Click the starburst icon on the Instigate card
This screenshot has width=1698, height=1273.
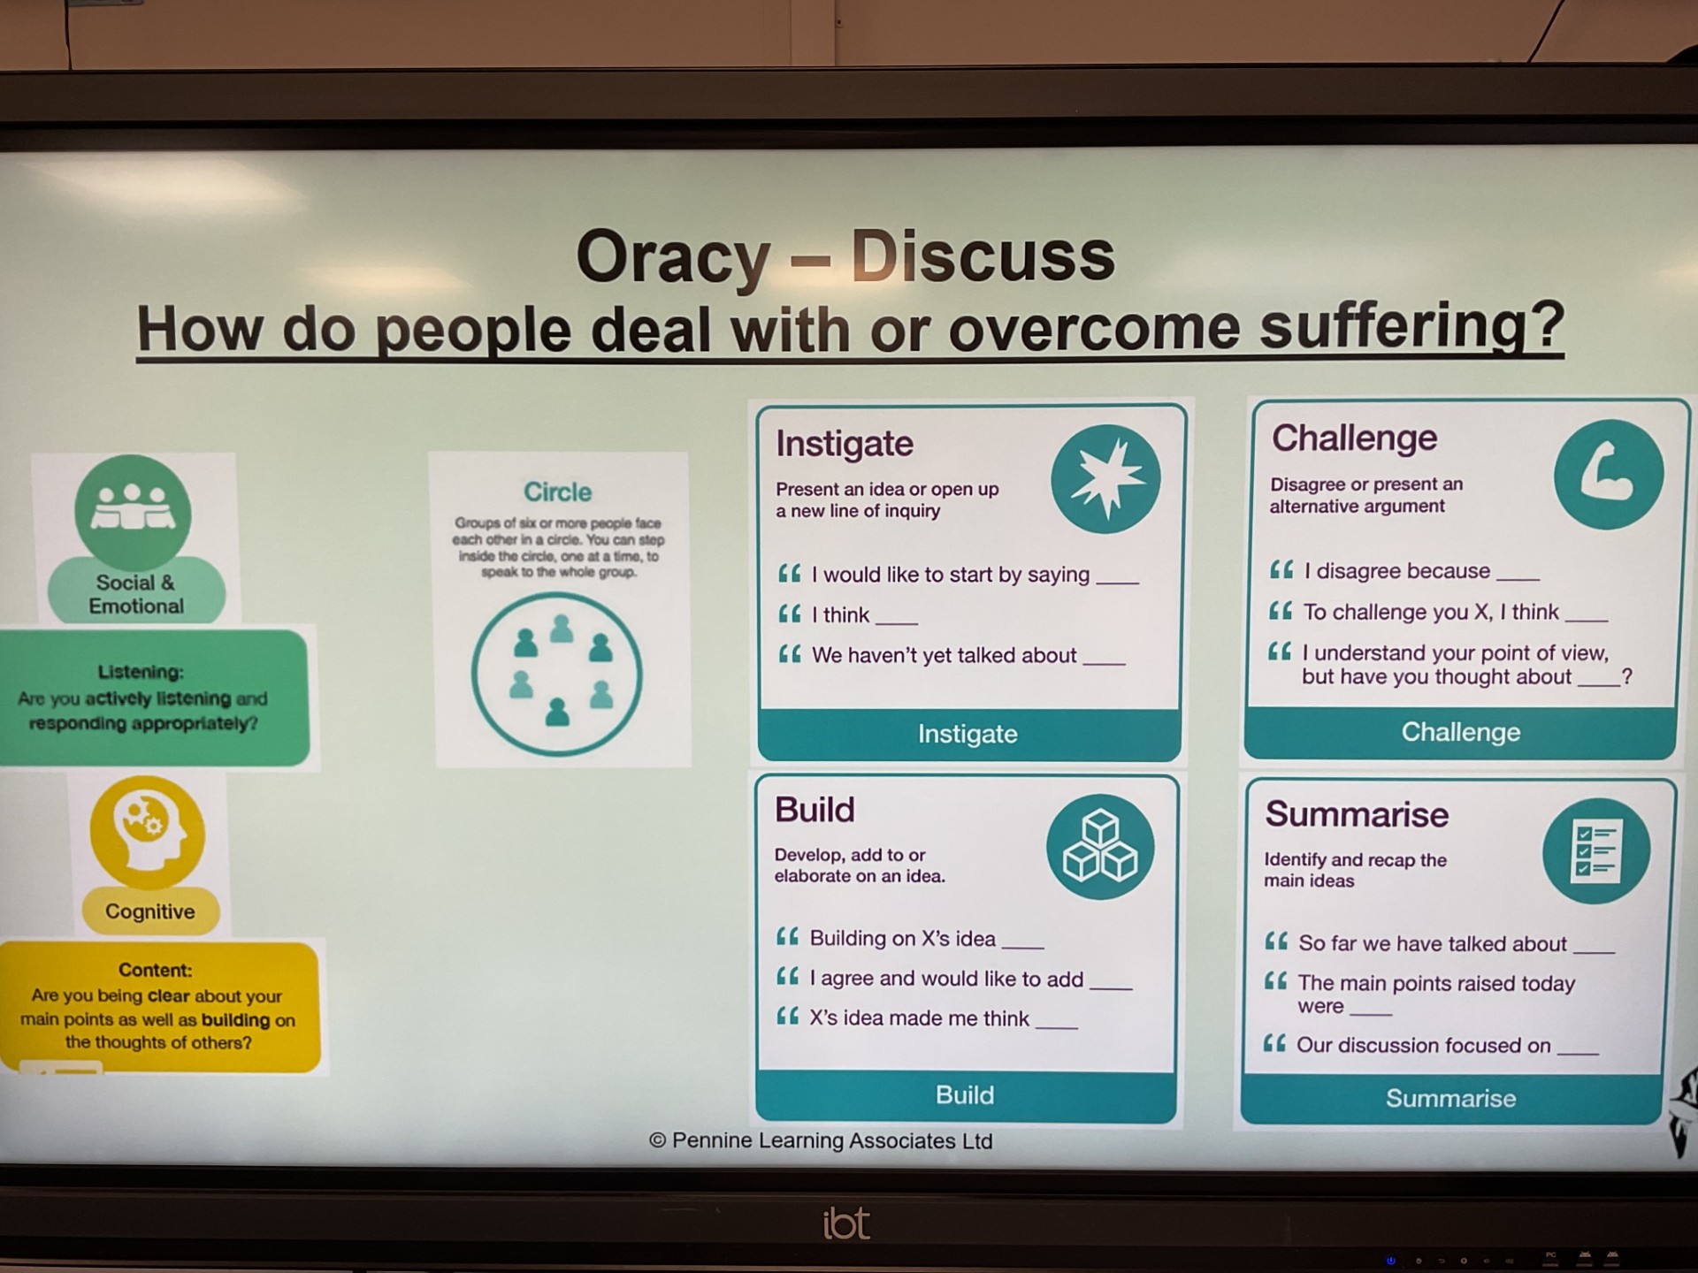[x=1105, y=479]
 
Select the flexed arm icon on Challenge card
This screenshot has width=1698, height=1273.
[x=1608, y=475]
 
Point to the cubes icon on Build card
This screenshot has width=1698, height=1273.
[x=1100, y=847]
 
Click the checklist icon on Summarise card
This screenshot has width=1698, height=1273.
[x=1596, y=851]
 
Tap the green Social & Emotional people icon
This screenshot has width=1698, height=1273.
[x=133, y=512]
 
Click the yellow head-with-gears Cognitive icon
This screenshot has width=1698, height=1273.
[x=148, y=833]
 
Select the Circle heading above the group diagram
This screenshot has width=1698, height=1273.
[x=557, y=492]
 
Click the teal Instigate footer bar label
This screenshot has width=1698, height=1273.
[x=968, y=734]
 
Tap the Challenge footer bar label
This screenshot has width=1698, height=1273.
[x=1461, y=732]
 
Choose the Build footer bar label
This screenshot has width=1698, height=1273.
[x=965, y=1095]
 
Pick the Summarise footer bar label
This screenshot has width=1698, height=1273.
[x=1450, y=1099]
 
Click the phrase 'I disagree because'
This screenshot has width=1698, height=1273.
[x=1397, y=571]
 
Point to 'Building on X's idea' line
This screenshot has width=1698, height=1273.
[x=902, y=938]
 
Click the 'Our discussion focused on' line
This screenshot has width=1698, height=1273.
[x=1424, y=1045]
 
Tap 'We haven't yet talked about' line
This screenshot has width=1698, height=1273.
[x=944, y=655]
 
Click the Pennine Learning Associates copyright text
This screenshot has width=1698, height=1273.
[x=821, y=1140]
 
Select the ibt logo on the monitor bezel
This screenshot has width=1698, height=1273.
[x=846, y=1223]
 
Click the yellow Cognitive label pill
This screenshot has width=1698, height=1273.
[x=150, y=911]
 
